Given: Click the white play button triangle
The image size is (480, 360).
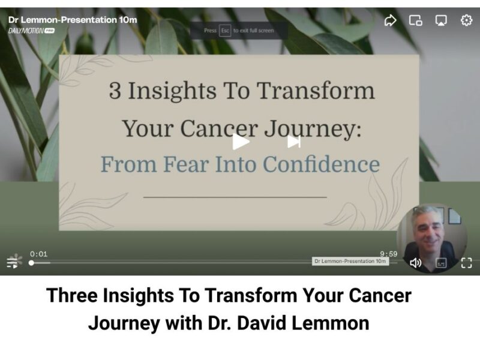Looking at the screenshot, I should click(241, 142).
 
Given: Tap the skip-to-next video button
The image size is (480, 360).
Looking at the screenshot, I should click(293, 142).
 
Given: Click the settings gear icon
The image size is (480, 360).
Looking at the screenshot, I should click(466, 20).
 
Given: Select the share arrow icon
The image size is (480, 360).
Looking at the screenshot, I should click(390, 20).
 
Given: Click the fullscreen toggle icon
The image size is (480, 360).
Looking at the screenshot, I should click(466, 263).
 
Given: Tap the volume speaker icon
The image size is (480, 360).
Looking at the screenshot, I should click(415, 263).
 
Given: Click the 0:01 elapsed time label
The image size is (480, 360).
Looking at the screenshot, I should click(38, 254).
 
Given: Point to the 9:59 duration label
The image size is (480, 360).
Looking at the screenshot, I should click(388, 254).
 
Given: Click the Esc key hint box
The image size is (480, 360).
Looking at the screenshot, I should click(225, 31).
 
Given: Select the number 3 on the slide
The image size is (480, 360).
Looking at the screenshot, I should click(114, 91).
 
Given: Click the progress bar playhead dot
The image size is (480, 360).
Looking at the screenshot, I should click(31, 263).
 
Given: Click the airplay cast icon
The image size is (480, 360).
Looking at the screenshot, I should click(441, 20).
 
